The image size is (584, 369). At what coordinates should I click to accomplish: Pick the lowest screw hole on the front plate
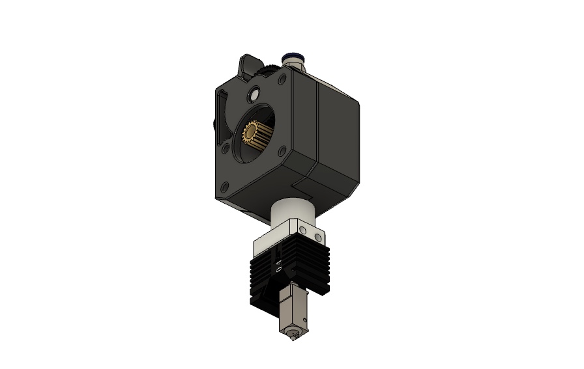click(x=224, y=187)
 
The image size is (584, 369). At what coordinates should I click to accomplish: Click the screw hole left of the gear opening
click(x=226, y=148)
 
